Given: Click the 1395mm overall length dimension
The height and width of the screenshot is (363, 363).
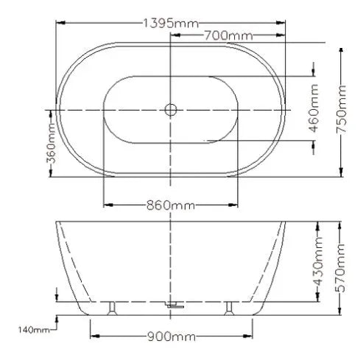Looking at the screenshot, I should (x=171, y=24).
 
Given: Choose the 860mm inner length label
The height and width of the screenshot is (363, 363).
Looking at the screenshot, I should (x=171, y=204).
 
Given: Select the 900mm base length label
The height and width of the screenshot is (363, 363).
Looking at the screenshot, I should (x=171, y=336).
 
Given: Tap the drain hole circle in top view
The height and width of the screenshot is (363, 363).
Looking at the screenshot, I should (x=171, y=110).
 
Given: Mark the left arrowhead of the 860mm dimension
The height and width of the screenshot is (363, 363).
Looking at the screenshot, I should (x=106, y=204).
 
